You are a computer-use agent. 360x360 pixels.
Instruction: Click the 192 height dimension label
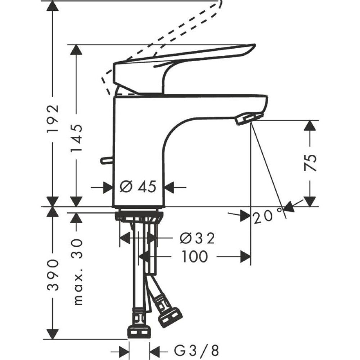tap(53, 119)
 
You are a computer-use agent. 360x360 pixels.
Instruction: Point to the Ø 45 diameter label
tap(138, 187)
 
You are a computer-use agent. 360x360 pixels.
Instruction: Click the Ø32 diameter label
tap(197, 238)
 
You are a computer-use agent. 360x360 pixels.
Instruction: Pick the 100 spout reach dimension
tap(194, 257)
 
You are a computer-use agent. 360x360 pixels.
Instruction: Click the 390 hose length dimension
tap(53, 274)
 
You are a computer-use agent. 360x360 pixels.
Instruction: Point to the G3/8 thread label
tap(197, 350)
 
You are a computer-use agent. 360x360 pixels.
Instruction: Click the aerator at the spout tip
tap(248, 118)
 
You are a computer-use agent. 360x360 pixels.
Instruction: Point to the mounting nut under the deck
tap(139, 216)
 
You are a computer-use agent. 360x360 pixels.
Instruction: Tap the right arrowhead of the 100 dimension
tap(246, 257)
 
